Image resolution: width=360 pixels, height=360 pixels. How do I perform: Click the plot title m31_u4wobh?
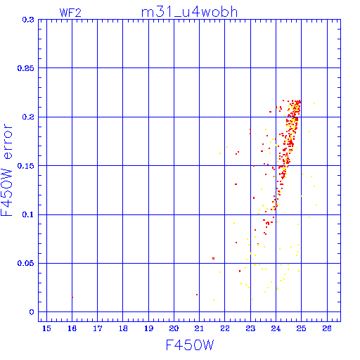point(189,12)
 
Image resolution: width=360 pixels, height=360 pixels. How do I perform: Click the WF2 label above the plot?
point(70,13)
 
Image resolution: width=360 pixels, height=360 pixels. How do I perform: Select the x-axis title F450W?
point(190,345)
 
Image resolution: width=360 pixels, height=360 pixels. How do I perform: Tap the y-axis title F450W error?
point(6,170)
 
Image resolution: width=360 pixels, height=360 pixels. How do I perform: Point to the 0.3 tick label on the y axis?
point(28,20)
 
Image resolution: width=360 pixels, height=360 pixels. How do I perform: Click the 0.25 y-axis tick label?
point(26,68)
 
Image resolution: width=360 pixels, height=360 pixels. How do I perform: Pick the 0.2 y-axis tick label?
point(28,117)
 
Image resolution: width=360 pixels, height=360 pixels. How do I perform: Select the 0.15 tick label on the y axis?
point(26,166)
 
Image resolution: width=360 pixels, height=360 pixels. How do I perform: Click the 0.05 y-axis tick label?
point(26,263)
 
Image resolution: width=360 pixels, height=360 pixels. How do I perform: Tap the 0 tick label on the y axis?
point(32,312)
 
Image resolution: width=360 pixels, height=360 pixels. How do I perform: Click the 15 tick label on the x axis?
point(46,328)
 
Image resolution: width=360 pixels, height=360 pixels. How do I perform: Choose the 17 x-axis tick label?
point(98,328)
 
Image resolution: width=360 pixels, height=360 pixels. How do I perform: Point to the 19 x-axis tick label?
point(148,328)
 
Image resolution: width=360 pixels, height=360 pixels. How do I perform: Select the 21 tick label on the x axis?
point(199,328)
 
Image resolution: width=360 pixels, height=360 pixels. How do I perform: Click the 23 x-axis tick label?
point(250,328)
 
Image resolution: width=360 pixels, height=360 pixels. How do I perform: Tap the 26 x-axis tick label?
point(327,328)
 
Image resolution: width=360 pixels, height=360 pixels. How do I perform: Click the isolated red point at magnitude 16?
point(72,297)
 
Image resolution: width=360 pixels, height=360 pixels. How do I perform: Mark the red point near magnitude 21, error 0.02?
point(197,295)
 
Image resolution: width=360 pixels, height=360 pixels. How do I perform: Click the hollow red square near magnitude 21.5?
point(213,258)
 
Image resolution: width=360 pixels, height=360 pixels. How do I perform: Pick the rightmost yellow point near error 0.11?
point(316,205)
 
